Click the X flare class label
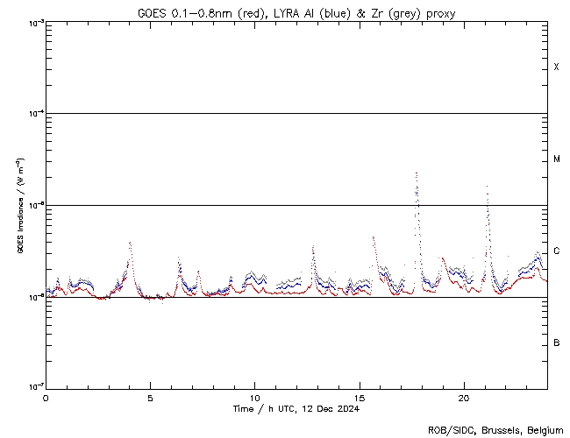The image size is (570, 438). pos(556,67)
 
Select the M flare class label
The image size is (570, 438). pos(556,159)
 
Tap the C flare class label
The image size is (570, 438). pos(556,251)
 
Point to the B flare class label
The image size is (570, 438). pos(556,343)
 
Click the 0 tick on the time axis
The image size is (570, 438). pos(46,398)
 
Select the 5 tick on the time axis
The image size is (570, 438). pos(150,398)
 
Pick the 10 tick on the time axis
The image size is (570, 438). pos(254,398)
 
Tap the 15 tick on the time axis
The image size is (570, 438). pos(359,398)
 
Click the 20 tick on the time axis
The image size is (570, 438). pos(463,398)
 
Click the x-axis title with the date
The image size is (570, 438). pos(296,409)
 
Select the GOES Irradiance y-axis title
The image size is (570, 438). pos(18,206)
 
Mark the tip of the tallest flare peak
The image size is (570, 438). pos(416,173)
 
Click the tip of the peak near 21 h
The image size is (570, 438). pos(487,186)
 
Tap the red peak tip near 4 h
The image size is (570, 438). pos(130,242)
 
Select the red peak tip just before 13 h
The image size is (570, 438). pos(313,246)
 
